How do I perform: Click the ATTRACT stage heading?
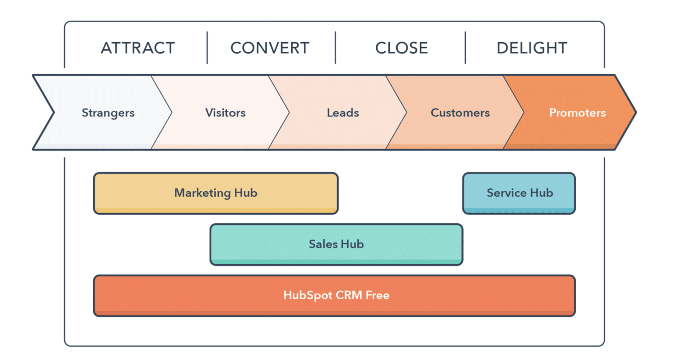coord(138,48)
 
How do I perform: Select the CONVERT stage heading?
coord(270,48)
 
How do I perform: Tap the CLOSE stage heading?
coord(402,48)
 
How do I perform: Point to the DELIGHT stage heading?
coord(532,48)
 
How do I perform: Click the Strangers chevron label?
coord(108,113)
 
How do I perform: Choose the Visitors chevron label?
coord(225,113)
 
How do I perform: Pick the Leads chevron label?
coord(343,113)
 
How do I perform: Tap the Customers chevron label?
coord(460,113)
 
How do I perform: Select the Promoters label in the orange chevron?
coord(577,113)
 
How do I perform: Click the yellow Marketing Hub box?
coord(216,193)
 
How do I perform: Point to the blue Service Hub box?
coord(519,193)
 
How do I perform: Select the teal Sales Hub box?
coord(336,244)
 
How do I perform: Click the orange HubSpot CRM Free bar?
coord(334,296)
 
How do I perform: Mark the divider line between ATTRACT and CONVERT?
coord(207,47)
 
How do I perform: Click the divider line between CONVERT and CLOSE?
coord(335,47)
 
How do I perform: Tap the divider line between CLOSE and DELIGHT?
coord(465,47)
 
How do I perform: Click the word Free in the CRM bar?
coord(377,295)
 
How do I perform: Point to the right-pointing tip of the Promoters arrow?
coord(636,113)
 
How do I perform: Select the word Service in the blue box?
coord(506,193)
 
